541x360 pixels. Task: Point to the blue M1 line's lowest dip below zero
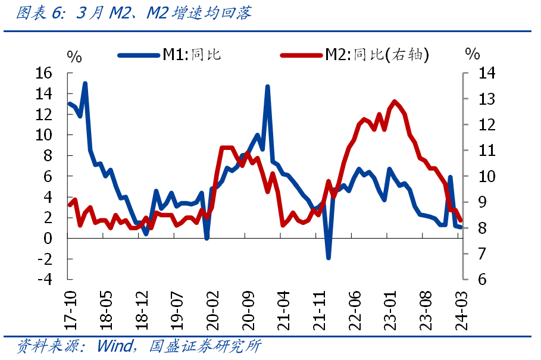tap(328, 258)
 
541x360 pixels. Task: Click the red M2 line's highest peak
tap(395, 102)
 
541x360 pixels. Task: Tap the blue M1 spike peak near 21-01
tap(267, 87)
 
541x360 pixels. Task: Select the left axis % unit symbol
tap(74, 57)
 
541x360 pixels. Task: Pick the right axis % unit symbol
tap(472, 54)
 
